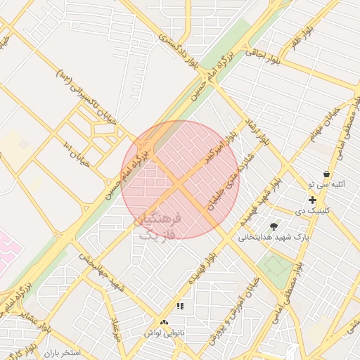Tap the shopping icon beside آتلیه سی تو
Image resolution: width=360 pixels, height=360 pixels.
326,174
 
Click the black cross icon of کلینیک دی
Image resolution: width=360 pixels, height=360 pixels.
312,200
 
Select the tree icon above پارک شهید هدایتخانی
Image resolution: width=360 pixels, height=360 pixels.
274,226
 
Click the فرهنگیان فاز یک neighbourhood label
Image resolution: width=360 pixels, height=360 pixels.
159,226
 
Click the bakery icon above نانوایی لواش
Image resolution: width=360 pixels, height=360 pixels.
165,321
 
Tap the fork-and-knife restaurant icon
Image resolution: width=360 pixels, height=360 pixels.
180,307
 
